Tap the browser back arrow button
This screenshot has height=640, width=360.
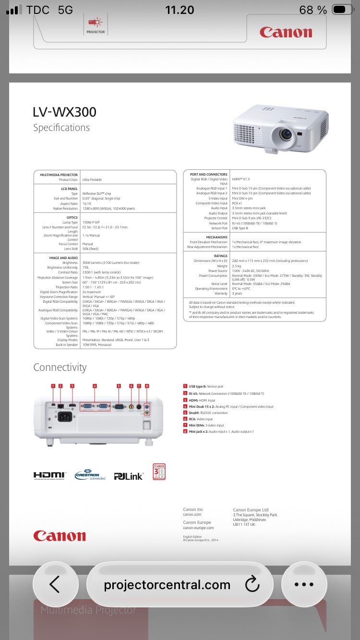pyautogui.click(x=55, y=584)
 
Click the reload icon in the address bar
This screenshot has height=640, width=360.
pyautogui.click(x=252, y=584)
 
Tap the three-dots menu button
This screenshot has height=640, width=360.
pyautogui.click(x=303, y=584)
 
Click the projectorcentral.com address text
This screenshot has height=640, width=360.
pyautogui.click(x=167, y=585)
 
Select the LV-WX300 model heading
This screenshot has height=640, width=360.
pyautogui.click(x=64, y=112)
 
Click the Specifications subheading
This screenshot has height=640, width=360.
pyautogui.click(x=61, y=128)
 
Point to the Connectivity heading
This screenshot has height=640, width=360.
pyautogui.click(x=60, y=367)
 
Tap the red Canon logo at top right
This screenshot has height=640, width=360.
pyautogui.click(x=286, y=32)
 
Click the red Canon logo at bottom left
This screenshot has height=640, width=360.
pyautogui.click(x=60, y=536)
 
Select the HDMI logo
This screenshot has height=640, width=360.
pyautogui.click(x=49, y=475)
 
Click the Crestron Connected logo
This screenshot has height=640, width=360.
pyautogui.click(x=90, y=474)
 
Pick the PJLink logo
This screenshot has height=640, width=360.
pyautogui.click(x=128, y=476)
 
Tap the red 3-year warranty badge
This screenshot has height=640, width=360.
pyautogui.click(x=159, y=471)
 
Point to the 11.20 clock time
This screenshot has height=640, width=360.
pyautogui.click(x=180, y=10)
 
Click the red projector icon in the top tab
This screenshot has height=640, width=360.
pyautogui.click(x=95, y=22)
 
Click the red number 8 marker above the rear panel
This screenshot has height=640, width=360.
pyautogui.click(x=147, y=386)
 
